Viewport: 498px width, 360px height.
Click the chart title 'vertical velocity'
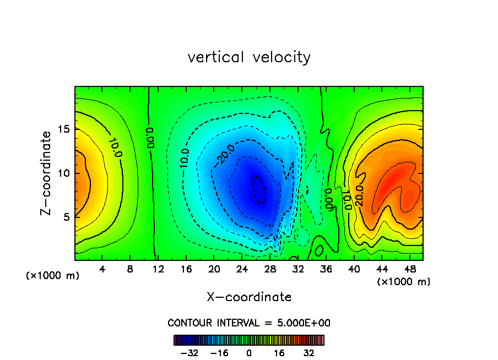[x=249, y=57]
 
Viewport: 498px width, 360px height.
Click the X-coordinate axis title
[x=249, y=297]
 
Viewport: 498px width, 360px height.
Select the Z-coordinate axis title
[x=48, y=173]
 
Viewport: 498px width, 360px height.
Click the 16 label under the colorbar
[x=280, y=353]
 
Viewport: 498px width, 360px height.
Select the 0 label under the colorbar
[x=249, y=353]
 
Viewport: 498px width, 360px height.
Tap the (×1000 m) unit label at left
[x=53, y=276]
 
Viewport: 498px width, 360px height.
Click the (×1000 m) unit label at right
[x=404, y=282]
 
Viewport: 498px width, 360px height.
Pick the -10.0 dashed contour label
[x=185, y=159]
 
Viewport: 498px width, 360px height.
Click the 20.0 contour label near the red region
[x=359, y=196]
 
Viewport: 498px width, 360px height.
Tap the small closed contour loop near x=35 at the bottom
[x=318, y=250]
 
